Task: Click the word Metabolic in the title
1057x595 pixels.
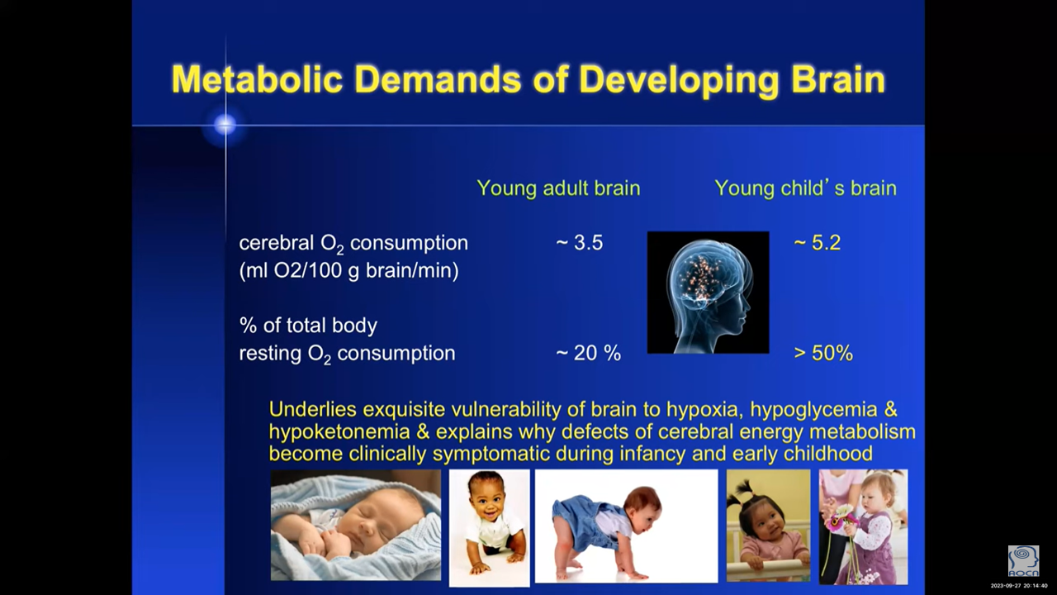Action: [x=257, y=79]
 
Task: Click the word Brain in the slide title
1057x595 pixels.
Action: [x=837, y=79]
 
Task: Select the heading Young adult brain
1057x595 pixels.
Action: [x=558, y=188]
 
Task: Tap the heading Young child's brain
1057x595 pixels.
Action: [x=805, y=188]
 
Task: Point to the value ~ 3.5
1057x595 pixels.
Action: [x=580, y=243]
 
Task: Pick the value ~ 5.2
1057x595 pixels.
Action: [x=818, y=243]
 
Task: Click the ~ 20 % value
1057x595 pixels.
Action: [x=589, y=353]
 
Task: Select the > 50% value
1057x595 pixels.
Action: [x=823, y=353]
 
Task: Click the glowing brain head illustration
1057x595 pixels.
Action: [x=708, y=293]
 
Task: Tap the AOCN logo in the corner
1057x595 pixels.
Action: [x=1023, y=561]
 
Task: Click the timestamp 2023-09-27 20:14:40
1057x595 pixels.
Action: [x=1019, y=586]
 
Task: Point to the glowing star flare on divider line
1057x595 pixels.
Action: [x=225, y=125]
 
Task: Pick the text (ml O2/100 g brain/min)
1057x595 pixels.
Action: [x=348, y=270]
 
